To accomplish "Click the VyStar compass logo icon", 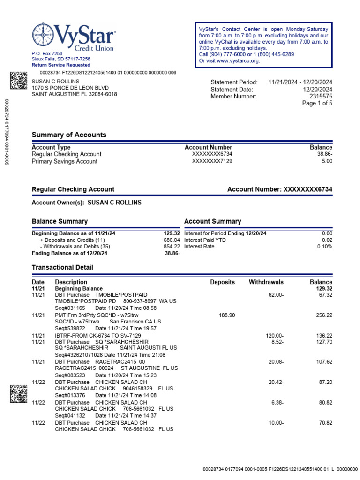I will tap(43, 35).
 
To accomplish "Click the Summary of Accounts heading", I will tap(69, 135).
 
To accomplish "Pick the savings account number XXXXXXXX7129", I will tap(212, 161).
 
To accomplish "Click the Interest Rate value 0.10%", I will tap(324, 247).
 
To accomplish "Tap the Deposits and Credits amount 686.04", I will tap(171, 240).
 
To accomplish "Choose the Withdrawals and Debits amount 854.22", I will tap(171, 247).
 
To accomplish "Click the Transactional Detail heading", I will tap(62, 267).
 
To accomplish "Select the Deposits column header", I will tap(223, 282).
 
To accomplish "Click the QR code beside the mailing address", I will tap(18, 80).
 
